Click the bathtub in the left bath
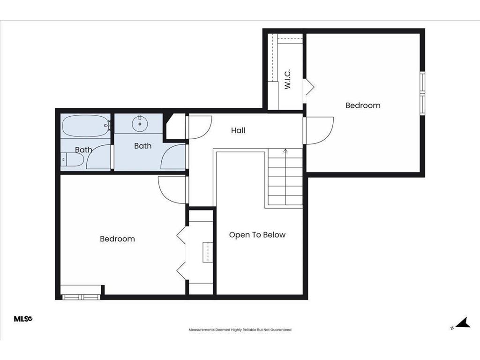(x=86, y=126)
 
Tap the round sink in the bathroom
(x=140, y=124)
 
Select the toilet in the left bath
(x=72, y=159)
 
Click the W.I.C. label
(x=287, y=79)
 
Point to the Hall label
(x=238, y=130)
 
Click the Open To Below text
(x=257, y=235)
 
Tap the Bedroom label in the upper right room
(x=363, y=105)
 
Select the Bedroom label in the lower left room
(x=117, y=239)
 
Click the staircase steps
(x=285, y=177)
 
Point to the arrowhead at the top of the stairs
(x=285, y=150)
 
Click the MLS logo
(x=23, y=319)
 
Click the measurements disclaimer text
(x=240, y=330)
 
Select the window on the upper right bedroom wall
(x=422, y=93)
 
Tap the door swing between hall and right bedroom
(x=318, y=130)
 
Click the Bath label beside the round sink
(x=142, y=146)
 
